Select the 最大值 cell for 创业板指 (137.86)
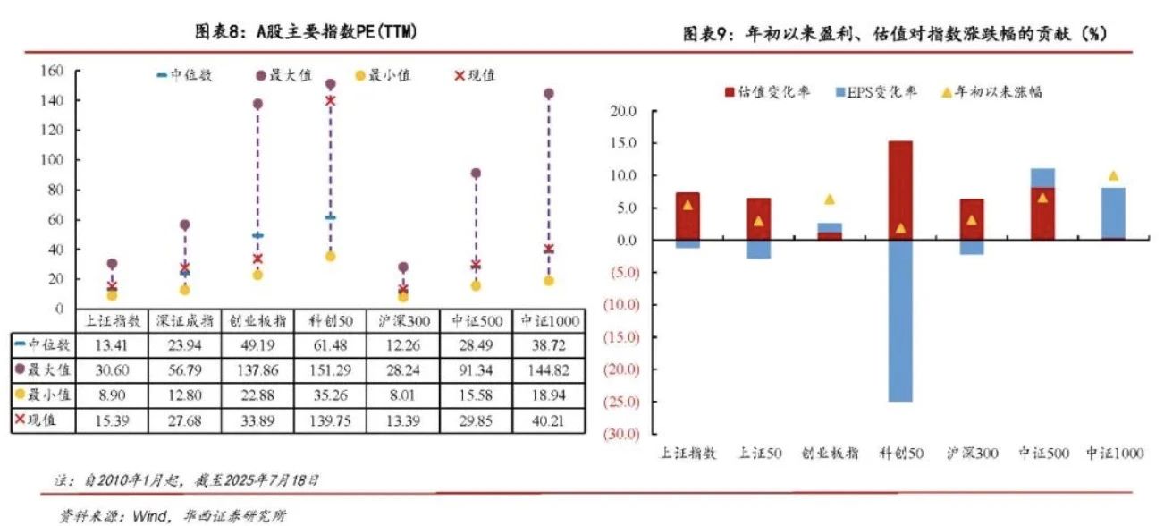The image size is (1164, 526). pyautogui.click(x=257, y=369)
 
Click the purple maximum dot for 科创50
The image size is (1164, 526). pyautogui.click(x=330, y=84)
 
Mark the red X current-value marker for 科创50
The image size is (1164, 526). pyautogui.click(x=330, y=101)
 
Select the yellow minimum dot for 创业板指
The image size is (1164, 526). pyautogui.click(x=257, y=275)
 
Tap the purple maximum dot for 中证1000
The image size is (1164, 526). pyautogui.click(x=548, y=93)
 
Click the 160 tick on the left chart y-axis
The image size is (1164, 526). pyautogui.click(x=52, y=71)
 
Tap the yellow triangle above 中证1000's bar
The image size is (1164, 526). pyautogui.click(x=1112, y=176)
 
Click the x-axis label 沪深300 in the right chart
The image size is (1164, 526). pyautogui.click(x=972, y=454)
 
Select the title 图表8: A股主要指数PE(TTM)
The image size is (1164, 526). pyautogui.click(x=307, y=32)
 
